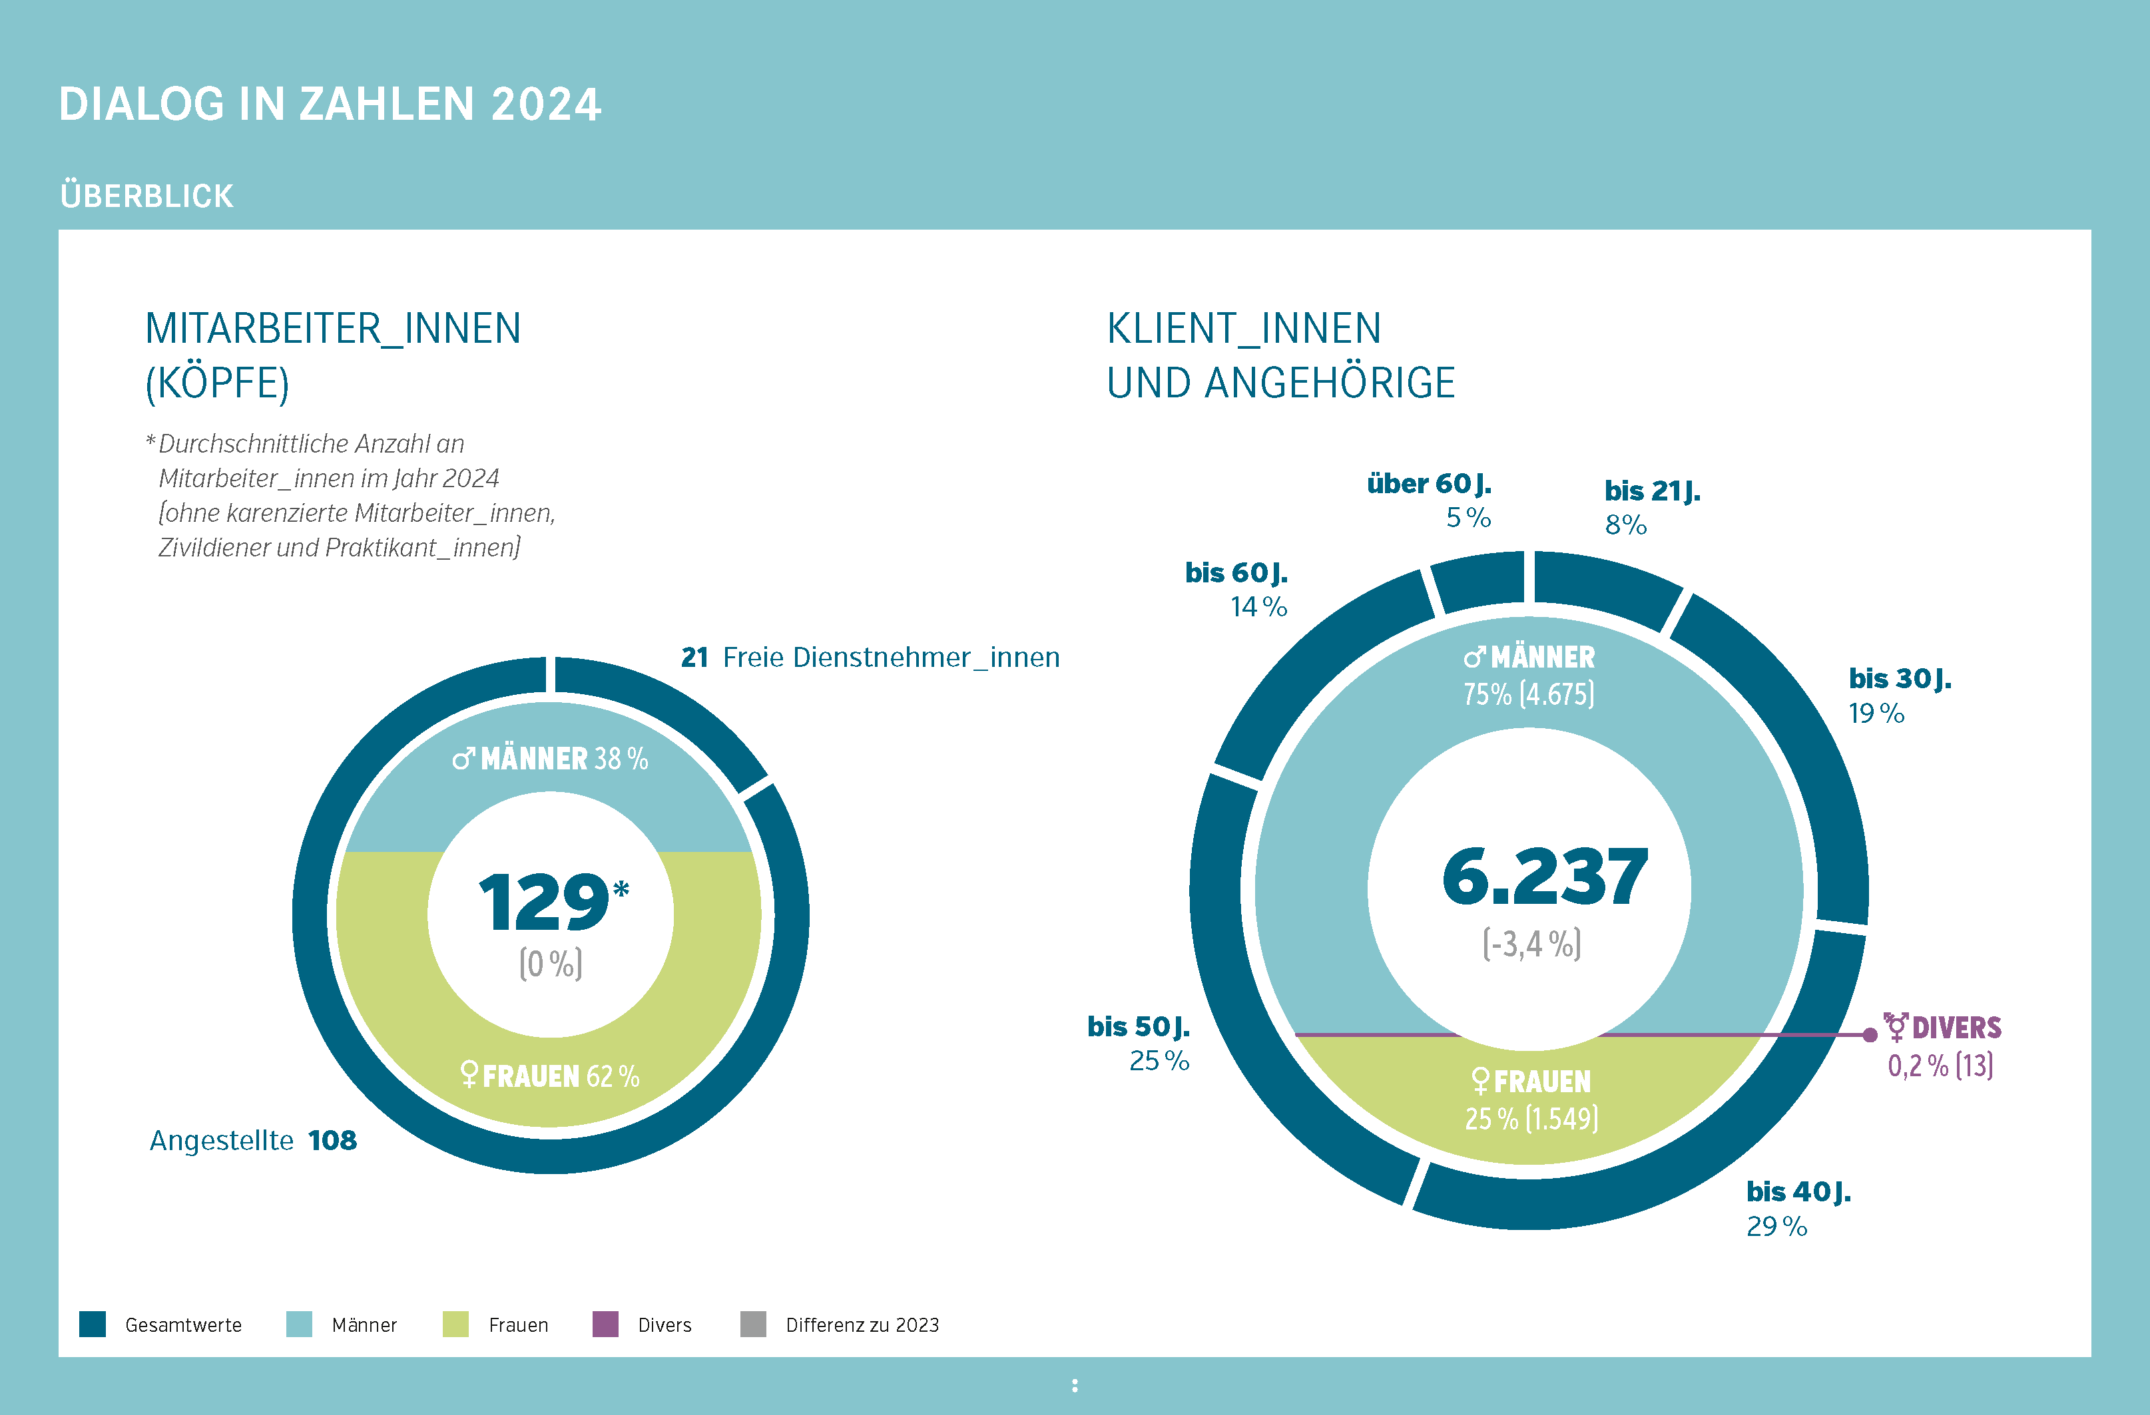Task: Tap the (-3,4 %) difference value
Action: [x=1532, y=944]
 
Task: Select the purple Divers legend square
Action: [x=605, y=1324]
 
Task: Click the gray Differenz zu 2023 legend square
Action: [x=752, y=1324]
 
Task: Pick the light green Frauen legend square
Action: [x=455, y=1324]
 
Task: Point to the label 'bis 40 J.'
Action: [x=1798, y=1191]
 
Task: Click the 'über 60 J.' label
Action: [x=1428, y=484]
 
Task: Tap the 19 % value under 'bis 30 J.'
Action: [x=1876, y=713]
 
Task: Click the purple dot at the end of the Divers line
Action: [x=1870, y=1035]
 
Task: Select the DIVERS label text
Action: [x=1956, y=1028]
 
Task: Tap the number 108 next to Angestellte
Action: [x=332, y=1141]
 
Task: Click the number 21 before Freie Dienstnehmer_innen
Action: [x=694, y=658]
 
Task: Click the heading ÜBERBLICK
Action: [x=146, y=195]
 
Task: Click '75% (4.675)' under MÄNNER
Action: [x=1529, y=694]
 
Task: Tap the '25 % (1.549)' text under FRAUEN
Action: [x=1531, y=1119]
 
